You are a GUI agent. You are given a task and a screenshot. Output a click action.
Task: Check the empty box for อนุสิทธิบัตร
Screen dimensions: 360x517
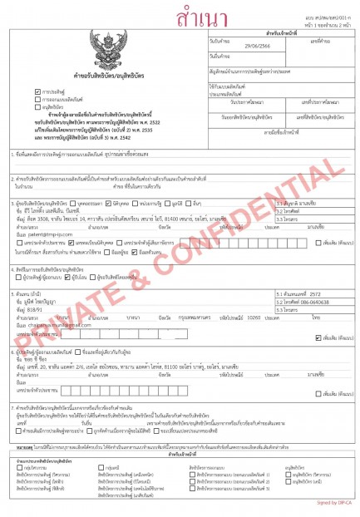38,107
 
